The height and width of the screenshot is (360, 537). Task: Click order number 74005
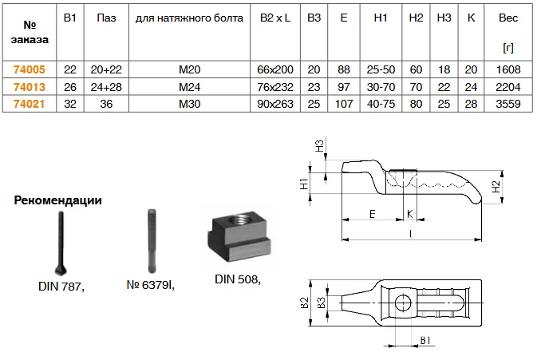click(x=28, y=69)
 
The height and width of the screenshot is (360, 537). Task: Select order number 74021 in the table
click(x=28, y=104)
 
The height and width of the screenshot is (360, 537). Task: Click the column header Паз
click(x=105, y=17)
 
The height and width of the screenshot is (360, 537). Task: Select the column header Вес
click(x=507, y=17)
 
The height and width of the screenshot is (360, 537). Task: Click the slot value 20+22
click(x=105, y=69)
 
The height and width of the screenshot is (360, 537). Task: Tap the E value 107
click(x=343, y=104)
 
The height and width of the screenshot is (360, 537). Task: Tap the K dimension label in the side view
click(x=411, y=214)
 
